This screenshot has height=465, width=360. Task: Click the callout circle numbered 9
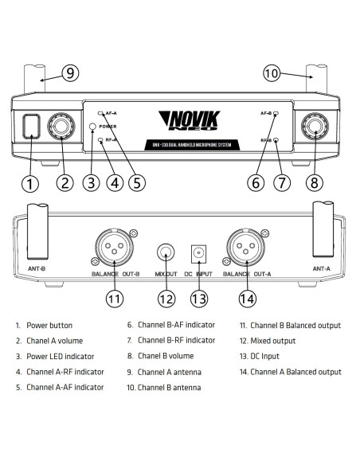click(x=71, y=73)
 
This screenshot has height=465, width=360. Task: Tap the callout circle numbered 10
click(x=272, y=73)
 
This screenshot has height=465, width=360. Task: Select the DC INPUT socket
click(x=198, y=254)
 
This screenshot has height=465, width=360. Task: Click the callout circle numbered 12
click(x=166, y=299)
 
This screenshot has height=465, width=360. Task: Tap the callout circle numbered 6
click(x=256, y=182)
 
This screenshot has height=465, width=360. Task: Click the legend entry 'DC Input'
click(x=268, y=356)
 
